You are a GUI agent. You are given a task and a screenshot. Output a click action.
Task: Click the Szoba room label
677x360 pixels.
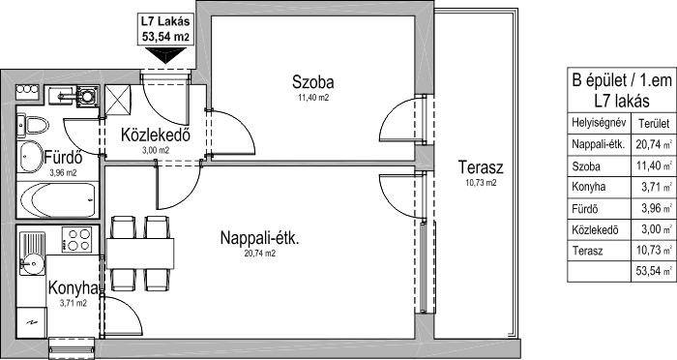click(313, 81)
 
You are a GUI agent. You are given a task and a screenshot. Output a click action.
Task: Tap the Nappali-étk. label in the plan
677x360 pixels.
click(259, 238)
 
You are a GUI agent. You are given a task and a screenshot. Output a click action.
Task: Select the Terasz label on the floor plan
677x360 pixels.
click(481, 166)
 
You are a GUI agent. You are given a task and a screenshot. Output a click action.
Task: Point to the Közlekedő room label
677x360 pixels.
click(156, 135)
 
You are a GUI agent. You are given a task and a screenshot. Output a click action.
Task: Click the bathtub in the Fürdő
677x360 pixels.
click(58, 199)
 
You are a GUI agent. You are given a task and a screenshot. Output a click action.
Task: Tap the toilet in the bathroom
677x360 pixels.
click(33, 126)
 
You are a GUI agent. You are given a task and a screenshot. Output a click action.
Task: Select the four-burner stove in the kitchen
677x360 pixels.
click(76, 240)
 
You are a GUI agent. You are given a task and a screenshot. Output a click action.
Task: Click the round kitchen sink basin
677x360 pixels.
click(31, 263)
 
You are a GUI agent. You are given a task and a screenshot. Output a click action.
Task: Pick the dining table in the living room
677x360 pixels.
click(140, 254)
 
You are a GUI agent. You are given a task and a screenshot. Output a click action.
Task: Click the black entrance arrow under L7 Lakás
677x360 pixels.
click(165, 55)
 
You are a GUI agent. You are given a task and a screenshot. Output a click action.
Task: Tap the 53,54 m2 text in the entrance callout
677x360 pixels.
click(165, 37)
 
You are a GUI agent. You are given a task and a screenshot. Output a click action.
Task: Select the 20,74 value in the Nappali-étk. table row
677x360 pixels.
click(649, 144)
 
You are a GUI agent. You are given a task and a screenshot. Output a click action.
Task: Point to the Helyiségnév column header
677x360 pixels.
click(599, 122)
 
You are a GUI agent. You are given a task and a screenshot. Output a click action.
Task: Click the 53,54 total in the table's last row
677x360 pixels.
click(649, 271)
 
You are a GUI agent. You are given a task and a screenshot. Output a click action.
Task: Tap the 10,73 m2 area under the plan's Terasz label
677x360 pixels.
click(481, 183)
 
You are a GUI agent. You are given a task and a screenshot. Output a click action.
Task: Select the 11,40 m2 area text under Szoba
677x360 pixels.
click(313, 98)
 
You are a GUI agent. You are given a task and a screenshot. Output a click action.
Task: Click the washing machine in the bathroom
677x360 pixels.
click(88, 97)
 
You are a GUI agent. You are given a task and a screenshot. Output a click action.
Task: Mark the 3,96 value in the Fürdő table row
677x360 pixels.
click(651, 208)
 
